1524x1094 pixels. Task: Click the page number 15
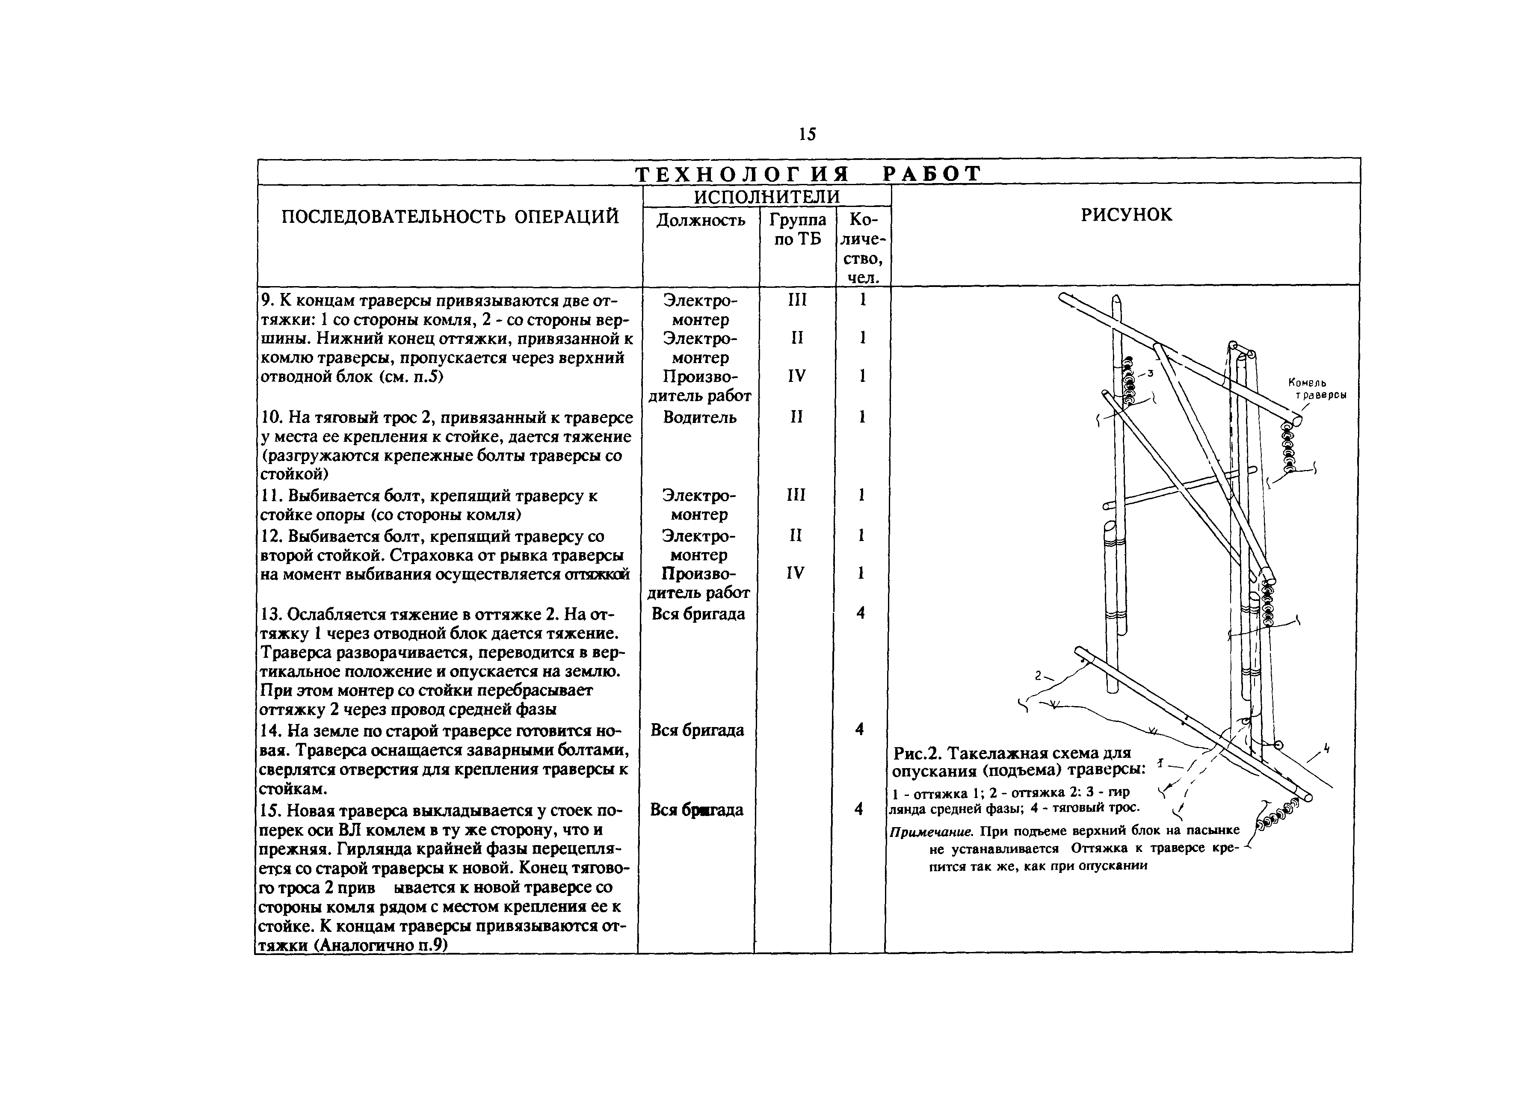pyautogui.click(x=807, y=134)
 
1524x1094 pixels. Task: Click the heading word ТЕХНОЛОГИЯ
pyautogui.click(x=743, y=174)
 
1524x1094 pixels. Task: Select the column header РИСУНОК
pyautogui.click(x=1126, y=215)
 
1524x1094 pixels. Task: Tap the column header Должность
pyautogui.click(x=700, y=220)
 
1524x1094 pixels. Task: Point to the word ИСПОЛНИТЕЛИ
pyautogui.click(x=766, y=196)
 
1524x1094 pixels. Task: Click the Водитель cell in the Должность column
pyautogui.click(x=699, y=417)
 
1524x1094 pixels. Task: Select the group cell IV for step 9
pyautogui.click(x=797, y=376)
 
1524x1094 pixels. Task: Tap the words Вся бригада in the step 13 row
pyautogui.click(x=698, y=614)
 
